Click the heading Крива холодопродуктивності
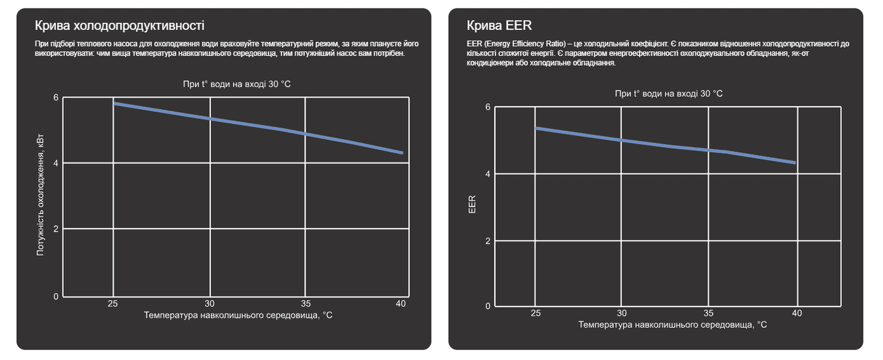coord(120,26)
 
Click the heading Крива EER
coord(499,26)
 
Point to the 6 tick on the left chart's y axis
coord(56,98)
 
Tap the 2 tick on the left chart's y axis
coord(56,229)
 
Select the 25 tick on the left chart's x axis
coord(113,304)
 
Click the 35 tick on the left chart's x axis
coord(305,304)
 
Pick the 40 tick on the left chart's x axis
coord(401,304)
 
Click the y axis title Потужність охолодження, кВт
coord(40,196)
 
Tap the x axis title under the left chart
coord(239,315)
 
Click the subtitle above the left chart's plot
coord(237,84)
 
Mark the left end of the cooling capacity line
coord(114,103)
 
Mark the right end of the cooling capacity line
coord(402,153)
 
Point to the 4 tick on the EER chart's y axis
coord(488,174)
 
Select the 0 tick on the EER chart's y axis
coord(488,306)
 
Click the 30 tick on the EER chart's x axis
coord(622,313)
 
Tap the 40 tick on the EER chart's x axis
coord(796,313)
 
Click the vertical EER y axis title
coord(472,204)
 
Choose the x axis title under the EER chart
coord(673,324)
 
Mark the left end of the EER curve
coord(537,128)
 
